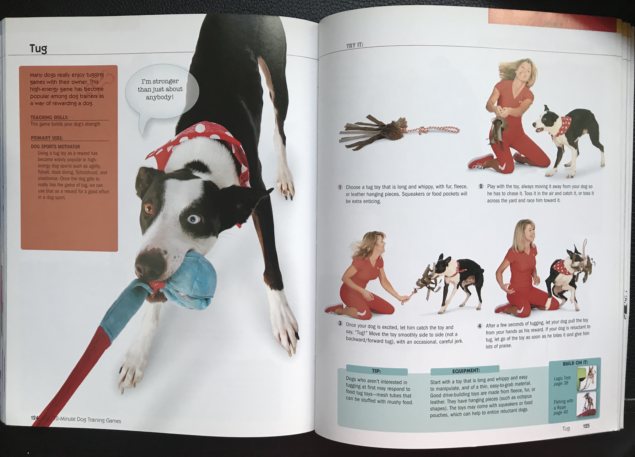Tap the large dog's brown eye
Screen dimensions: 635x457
coord(148,208)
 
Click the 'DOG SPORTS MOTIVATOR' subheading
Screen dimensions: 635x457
coord(55,147)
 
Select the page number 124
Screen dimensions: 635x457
coord(34,417)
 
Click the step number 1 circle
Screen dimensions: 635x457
coord(340,187)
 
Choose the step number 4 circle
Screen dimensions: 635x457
coord(480,326)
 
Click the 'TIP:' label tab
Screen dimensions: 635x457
coord(377,371)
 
